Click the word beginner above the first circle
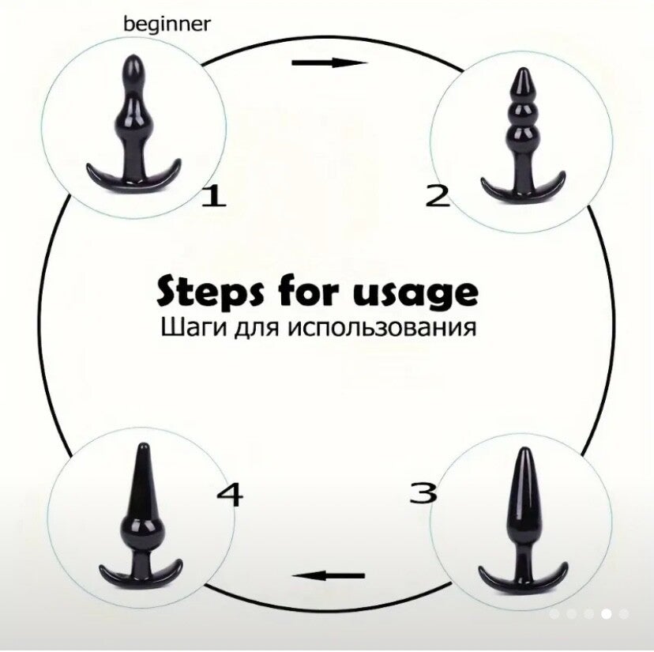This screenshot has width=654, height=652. pyautogui.click(x=167, y=24)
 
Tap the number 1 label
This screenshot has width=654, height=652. pyautogui.click(x=214, y=196)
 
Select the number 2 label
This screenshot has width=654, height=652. pyautogui.click(x=438, y=196)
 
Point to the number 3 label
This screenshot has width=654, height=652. pyautogui.click(x=423, y=492)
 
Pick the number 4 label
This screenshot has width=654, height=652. pyautogui.click(x=229, y=495)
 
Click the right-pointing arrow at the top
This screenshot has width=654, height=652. pyautogui.click(x=329, y=63)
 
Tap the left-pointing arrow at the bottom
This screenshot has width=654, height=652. pyautogui.click(x=329, y=576)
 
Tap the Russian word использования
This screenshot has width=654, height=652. pyautogui.click(x=382, y=327)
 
